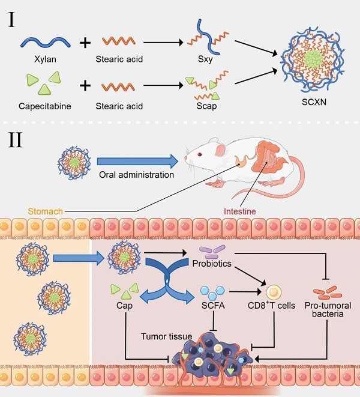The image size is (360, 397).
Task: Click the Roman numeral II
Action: click(x=16, y=141)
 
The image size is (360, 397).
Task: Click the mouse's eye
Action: click(x=200, y=155)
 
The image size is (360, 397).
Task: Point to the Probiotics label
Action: click(x=211, y=264)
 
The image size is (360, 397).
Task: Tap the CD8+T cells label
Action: click(x=272, y=305)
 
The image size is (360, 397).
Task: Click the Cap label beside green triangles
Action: click(x=125, y=305)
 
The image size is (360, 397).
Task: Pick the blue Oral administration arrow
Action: click(x=137, y=160)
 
